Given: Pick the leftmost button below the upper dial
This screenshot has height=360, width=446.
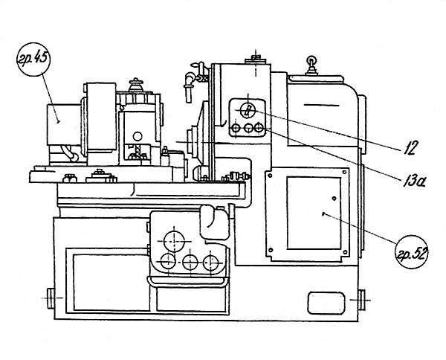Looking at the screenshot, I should tap(236, 129).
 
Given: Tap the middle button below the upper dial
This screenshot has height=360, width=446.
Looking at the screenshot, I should tap(247, 129).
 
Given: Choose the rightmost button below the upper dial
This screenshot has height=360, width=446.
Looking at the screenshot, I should tap(259, 129).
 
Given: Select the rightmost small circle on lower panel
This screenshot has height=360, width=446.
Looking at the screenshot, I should tap(213, 261).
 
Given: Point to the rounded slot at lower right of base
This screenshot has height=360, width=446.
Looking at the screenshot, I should tap(323, 300).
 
